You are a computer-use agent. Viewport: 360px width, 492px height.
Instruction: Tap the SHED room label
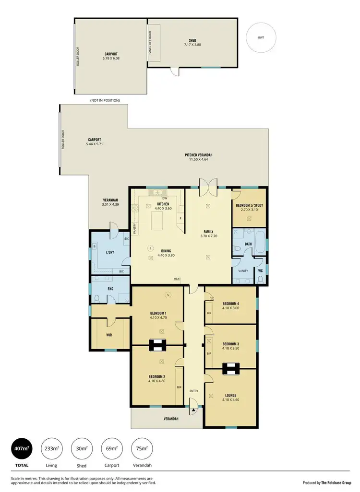192,40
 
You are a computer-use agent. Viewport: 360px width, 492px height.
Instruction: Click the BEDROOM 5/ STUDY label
249,205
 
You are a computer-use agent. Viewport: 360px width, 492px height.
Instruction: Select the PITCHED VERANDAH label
199,155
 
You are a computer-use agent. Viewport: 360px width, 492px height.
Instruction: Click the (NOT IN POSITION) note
105,100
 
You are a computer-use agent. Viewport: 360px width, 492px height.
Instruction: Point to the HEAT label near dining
178,279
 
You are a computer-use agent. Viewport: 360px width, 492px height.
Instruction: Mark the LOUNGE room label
230,395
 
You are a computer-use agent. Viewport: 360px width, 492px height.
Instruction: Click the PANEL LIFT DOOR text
150,43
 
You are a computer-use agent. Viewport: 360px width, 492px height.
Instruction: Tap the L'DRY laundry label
110,252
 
